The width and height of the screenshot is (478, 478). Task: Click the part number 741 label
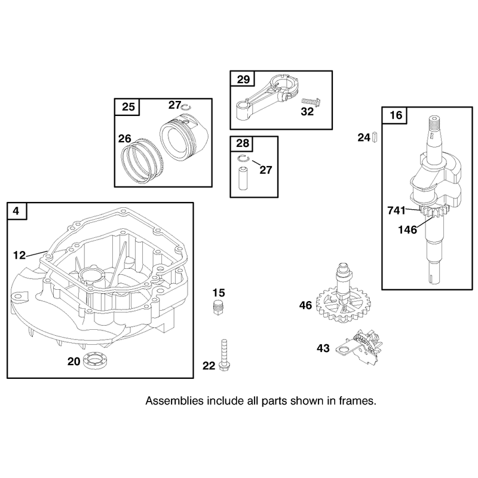pyautogui.click(x=396, y=210)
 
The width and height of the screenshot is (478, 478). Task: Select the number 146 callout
pyautogui.click(x=407, y=229)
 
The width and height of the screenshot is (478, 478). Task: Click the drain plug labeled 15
pyautogui.click(x=217, y=307)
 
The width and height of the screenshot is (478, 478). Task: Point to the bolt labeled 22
pyautogui.click(x=224, y=355)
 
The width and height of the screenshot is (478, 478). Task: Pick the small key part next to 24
pyautogui.click(x=375, y=137)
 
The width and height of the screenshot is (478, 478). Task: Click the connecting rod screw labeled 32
pyautogui.click(x=311, y=102)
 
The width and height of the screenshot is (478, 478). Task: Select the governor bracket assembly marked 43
pyautogui.click(x=359, y=347)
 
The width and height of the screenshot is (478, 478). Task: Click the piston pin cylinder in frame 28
pyautogui.click(x=243, y=178)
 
